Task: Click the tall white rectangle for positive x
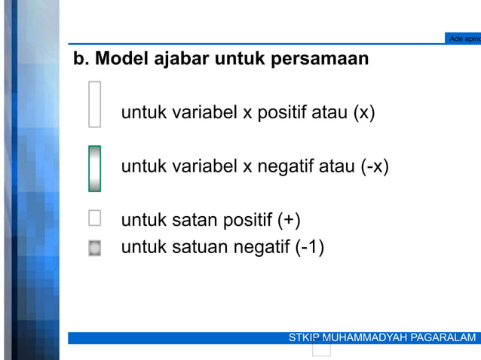pyautogui.click(x=94, y=104)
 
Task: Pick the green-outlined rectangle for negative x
pyautogui.click(x=94, y=169)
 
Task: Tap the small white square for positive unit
pyautogui.click(x=94, y=218)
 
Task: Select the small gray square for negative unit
pyautogui.click(x=94, y=248)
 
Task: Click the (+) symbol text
pyautogui.click(x=288, y=221)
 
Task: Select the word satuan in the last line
pyautogui.click(x=200, y=247)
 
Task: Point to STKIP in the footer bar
pyautogui.click(x=304, y=337)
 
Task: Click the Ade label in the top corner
pyautogui.click(x=456, y=38)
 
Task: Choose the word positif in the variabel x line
pyautogui.click(x=283, y=114)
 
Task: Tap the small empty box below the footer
pyautogui.click(x=322, y=349)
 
